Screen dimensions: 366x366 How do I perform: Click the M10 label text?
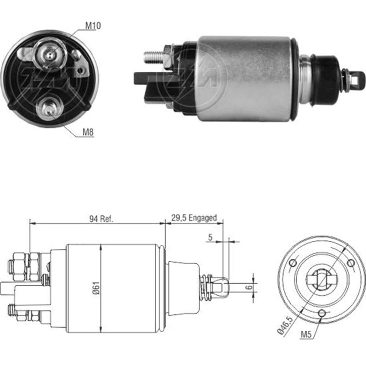(x=93, y=26)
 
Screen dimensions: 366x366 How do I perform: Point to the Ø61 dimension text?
(x=96, y=288)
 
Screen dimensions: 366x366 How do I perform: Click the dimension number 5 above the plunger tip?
(x=210, y=237)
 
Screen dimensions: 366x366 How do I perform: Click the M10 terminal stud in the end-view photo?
(x=49, y=55)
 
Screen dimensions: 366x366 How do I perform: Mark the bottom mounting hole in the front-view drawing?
(x=322, y=313)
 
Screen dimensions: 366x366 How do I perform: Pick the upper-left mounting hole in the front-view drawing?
(x=293, y=263)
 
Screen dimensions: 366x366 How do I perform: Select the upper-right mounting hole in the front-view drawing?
(x=351, y=263)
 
